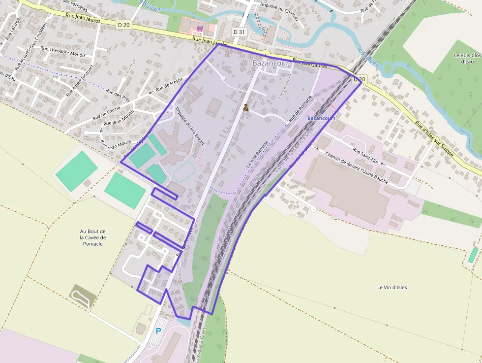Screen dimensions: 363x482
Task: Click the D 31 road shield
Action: pos(239,32)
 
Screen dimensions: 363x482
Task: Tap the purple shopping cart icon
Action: pos(200,29)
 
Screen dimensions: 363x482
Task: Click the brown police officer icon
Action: pos(246,107)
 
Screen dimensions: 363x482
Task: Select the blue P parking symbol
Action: pos(158,331)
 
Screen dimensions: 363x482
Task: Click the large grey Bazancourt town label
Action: pos(271,64)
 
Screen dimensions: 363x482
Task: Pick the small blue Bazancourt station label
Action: pos(321,118)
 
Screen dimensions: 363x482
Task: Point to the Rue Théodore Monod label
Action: pos(62,51)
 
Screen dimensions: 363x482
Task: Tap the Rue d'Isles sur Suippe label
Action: pos(434,139)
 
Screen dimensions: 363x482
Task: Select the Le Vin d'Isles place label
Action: pos(392,287)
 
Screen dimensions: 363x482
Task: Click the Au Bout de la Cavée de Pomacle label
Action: pos(93,237)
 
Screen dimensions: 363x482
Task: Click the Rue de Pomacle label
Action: pos(301,108)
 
